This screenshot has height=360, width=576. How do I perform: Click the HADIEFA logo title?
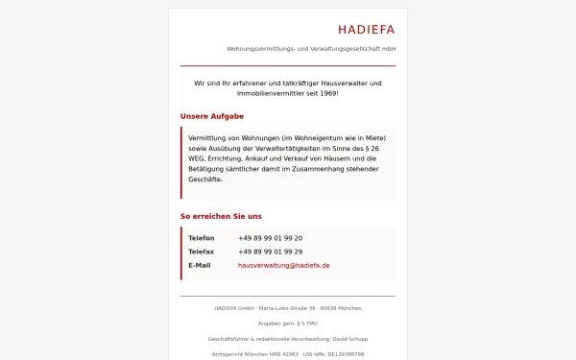[x=366, y=29]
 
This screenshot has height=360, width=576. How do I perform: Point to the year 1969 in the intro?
[x=326, y=94]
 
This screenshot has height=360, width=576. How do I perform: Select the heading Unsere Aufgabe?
[x=211, y=116]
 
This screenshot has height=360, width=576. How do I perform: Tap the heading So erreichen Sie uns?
[x=221, y=216]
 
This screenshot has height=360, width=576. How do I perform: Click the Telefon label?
[x=202, y=238]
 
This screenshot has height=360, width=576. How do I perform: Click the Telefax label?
[x=202, y=252]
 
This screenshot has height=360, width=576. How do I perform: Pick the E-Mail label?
[x=199, y=265]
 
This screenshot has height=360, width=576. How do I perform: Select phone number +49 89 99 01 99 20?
[x=270, y=238]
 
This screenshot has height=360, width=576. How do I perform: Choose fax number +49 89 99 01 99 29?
[x=270, y=252]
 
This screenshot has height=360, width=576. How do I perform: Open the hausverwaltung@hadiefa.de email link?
[x=283, y=265]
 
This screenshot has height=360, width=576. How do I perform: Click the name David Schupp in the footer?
[x=349, y=339]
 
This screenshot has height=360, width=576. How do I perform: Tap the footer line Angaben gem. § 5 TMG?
[x=288, y=324]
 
